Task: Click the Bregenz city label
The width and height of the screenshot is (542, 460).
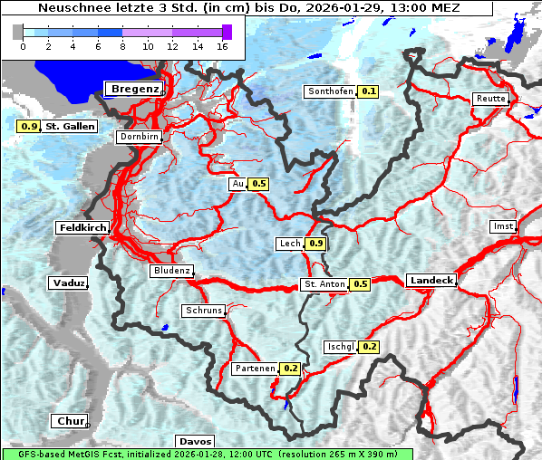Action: (x=134, y=89)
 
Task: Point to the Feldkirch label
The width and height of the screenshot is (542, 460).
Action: (x=83, y=227)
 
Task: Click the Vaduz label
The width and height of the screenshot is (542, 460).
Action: (x=69, y=283)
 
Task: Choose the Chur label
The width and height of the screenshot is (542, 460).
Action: (x=69, y=421)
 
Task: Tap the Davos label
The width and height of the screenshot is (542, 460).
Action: (x=195, y=441)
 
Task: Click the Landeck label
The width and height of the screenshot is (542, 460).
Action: (x=431, y=281)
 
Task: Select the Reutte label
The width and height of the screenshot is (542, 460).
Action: (x=489, y=98)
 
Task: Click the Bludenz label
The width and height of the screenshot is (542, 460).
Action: (x=171, y=271)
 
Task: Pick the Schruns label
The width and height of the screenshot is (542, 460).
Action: (x=203, y=311)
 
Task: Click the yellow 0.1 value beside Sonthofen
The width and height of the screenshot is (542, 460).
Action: (x=369, y=91)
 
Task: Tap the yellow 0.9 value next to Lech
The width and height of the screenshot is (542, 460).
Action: (x=315, y=244)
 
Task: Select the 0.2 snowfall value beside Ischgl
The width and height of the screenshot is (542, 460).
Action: (x=370, y=347)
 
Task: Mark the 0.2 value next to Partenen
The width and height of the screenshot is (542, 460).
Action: (x=291, y=369)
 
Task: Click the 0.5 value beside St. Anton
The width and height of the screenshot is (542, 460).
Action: (x=361, y=284)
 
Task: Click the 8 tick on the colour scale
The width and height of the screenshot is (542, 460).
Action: (x=122, y=45)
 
